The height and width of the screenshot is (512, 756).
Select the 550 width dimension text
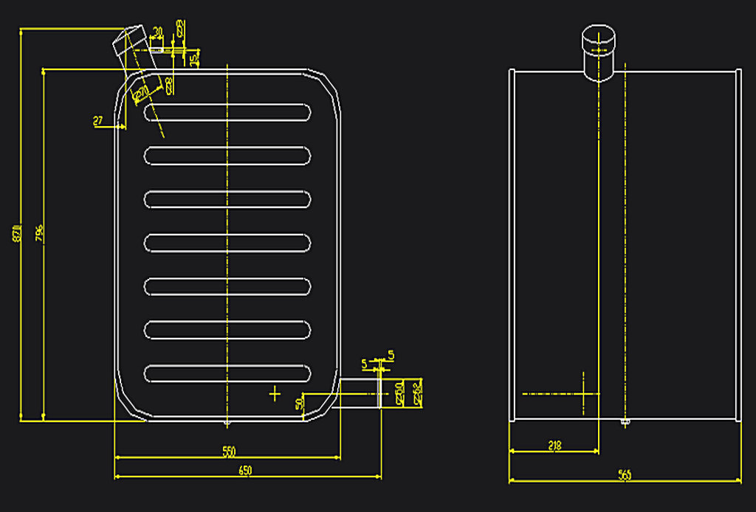(x=228, y=451)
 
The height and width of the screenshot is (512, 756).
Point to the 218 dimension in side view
(x=555, y=445)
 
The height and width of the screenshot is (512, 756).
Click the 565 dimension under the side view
(x=625, y=475)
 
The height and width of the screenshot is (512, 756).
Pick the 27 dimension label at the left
(x=97, y=120)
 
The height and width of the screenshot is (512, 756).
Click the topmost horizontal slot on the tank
(x=227, y=112)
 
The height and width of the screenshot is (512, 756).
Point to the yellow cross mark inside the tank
(x=275, y=394)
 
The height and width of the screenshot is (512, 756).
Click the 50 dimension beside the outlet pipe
(x=299, y=404)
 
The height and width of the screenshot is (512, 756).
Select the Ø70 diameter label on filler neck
(x=140, y=91)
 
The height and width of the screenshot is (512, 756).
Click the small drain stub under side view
(x=625, y=423)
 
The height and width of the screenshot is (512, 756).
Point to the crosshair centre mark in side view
(x=584, y=393)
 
